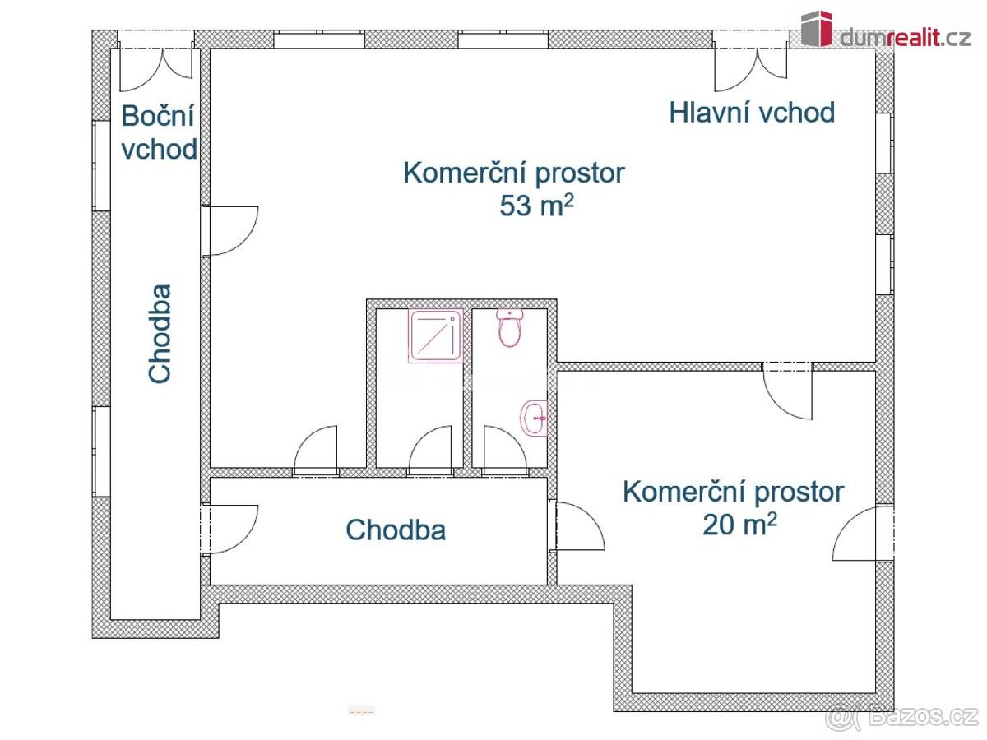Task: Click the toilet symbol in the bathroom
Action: pyautogui.click(x=510, y=328)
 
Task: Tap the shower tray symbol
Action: pyautogui.click(x=436, y=336)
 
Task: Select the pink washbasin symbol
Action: pyautogui.click(x=535, y=418)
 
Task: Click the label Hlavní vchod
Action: pyautogui.click(x=752, y=113)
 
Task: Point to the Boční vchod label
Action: pyautogui.click(x=159, y=132)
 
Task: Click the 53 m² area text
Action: pyautogui.click(x=535, y=206)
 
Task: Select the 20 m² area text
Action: pyautogui.click(x=739, y=524)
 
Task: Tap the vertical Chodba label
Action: pyautogui.click(x=160, y=333)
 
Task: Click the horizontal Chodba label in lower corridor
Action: pyautogui.click(x=396, y=530)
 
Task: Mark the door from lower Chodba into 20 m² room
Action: pyautogui.click(x=578, y=526)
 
